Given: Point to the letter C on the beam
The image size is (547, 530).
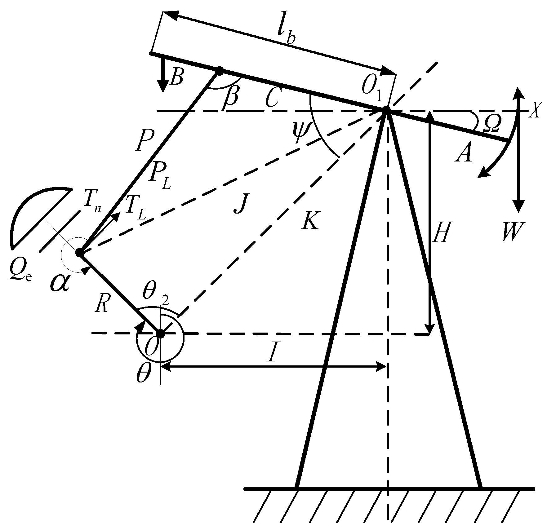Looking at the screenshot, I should pos(273,98).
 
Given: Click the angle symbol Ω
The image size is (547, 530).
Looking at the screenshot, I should pos(491,123).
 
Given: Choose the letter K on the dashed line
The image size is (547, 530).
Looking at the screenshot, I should pos(309,220).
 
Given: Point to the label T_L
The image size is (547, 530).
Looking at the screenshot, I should pos(135,211).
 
